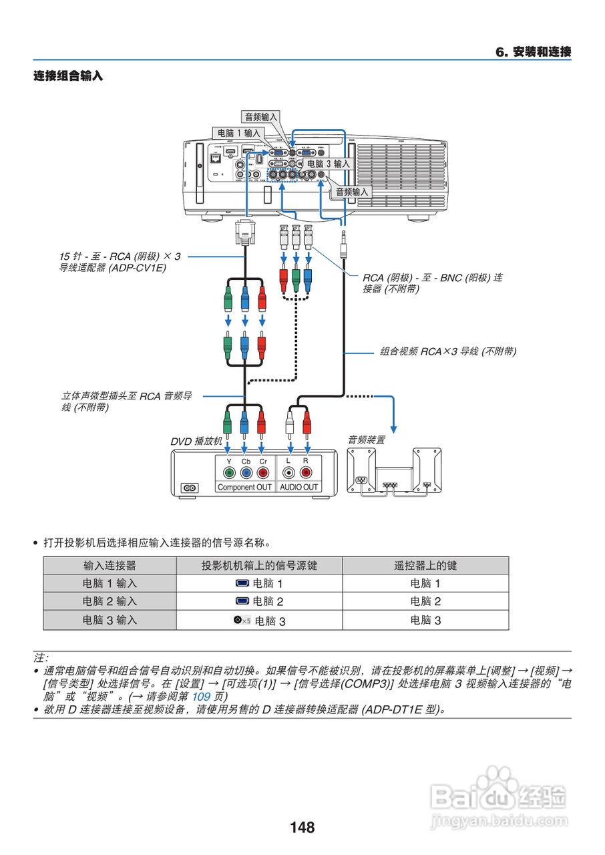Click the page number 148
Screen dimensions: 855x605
[x=302, y=828]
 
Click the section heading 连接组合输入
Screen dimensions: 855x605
[x=68, y=76]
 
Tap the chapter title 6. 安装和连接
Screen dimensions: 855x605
[x=533, y=52]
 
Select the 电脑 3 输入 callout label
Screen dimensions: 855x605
[x=328, y=164]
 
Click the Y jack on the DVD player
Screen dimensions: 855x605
[x=228, y=473]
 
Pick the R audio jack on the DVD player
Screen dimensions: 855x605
[x=306, y=473]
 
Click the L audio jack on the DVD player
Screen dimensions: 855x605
[x=288, y=473]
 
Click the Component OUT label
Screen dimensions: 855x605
[x=244, y=488]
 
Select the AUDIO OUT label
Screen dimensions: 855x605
[x=298, y=488]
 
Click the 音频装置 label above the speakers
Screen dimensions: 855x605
[x=366, y=440]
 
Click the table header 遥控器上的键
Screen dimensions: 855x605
[x=425, y=566]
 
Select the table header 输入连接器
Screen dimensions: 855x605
[x=110, y=566]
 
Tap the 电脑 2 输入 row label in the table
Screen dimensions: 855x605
[x=110, y=601]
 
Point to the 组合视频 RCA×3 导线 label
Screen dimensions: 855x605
[x=448, y=351]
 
